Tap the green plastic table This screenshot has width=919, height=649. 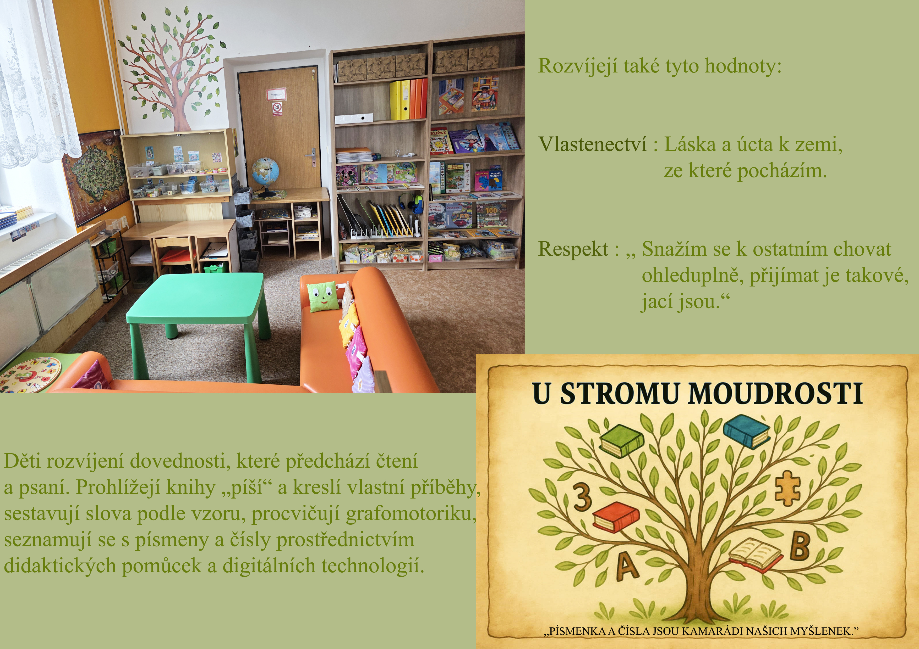(196, 312)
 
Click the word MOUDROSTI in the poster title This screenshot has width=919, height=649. (774, 394)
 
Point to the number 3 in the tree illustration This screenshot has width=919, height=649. (583, 496)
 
